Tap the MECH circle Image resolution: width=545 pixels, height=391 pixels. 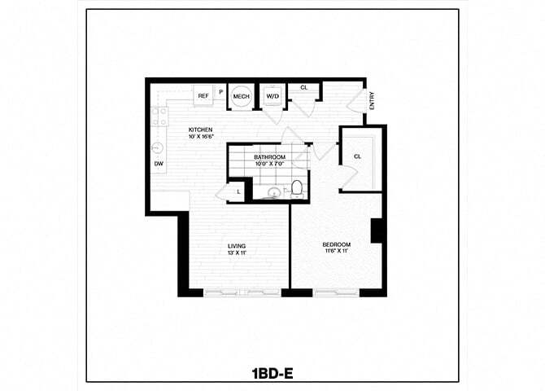click(x=241, y=96)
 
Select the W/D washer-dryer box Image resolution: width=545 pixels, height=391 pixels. click(x=272, y=96)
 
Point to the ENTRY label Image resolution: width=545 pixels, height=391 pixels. click(x=372, y=101)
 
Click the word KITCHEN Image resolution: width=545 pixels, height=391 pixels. click(x=200, y=130)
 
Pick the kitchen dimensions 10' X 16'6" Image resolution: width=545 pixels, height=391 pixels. click(x=200, y=137)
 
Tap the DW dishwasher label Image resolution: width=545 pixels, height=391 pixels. click(x=158, y=163)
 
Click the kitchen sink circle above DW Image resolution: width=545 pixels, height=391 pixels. click(x=158, y=148)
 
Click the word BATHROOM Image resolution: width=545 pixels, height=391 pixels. click(x=269, y=156)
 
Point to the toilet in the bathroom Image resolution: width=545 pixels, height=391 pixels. click(x=297, y=189)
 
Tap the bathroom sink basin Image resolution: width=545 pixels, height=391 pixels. click(x=274, y=192)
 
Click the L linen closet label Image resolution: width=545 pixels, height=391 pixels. click(x=238, y=191)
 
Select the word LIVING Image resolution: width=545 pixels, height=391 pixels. click(x=237, y=246)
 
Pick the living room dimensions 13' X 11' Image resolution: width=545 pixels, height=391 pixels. click(x=237, y=253)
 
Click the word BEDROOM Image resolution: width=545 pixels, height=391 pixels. click(x=336, y=245)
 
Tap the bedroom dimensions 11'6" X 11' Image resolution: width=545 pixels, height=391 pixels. click(x=336, y=253)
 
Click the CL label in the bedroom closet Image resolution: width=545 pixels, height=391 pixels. click(x=357, y=156)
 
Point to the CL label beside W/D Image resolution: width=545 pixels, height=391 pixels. click(x=303, y=87)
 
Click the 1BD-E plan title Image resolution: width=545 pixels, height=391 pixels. click(x=272, y=374)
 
